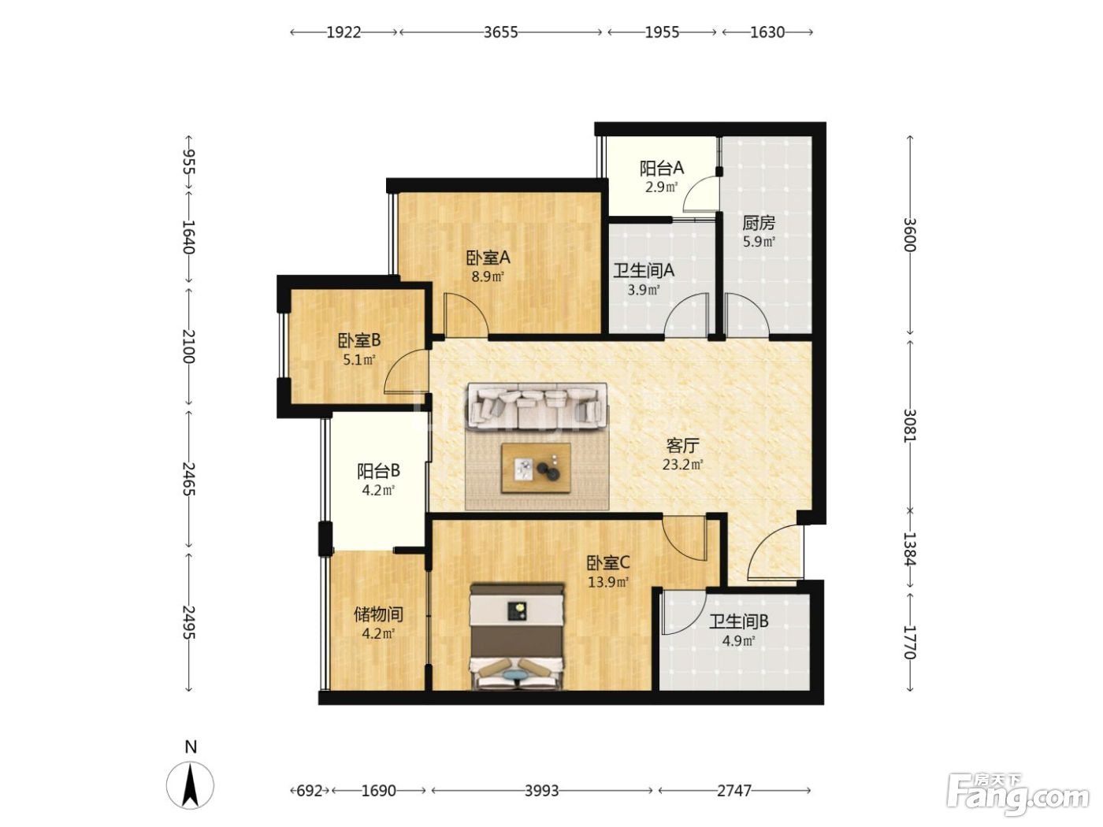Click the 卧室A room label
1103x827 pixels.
(488, 258)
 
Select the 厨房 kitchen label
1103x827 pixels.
(759, 222)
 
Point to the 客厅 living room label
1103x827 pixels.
(682, 445)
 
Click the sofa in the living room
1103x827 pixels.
(537, 406)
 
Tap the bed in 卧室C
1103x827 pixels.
(517, 636)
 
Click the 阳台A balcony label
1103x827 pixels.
(661, 169)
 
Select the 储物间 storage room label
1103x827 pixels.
(378, 614)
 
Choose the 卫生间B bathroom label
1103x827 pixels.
(738, 621)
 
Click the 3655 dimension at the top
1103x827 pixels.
(500, 32)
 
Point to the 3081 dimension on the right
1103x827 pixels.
(909, 425)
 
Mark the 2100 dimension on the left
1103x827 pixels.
(188, 347)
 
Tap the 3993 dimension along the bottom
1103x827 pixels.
(542, 790)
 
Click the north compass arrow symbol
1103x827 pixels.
(190, 784)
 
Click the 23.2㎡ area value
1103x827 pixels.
(682, 465)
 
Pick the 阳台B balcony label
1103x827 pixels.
(378, 471)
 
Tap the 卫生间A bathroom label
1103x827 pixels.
(644, 271)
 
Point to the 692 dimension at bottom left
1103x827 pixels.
(309, 790)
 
